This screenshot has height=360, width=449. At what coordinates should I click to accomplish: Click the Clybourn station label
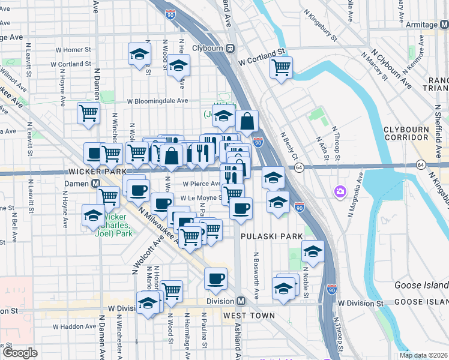click(208, 47)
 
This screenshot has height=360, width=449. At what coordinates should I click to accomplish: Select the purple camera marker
click(340, 191)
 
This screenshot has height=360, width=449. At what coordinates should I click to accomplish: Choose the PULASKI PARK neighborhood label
click(272, 236)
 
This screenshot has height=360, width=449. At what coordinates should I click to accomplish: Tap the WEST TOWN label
click(249, 315)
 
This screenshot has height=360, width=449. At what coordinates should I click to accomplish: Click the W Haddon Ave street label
click(74, 326)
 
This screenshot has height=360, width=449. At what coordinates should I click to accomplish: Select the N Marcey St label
click(373, 65)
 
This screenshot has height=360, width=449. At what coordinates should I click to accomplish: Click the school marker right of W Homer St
click(139, 53)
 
